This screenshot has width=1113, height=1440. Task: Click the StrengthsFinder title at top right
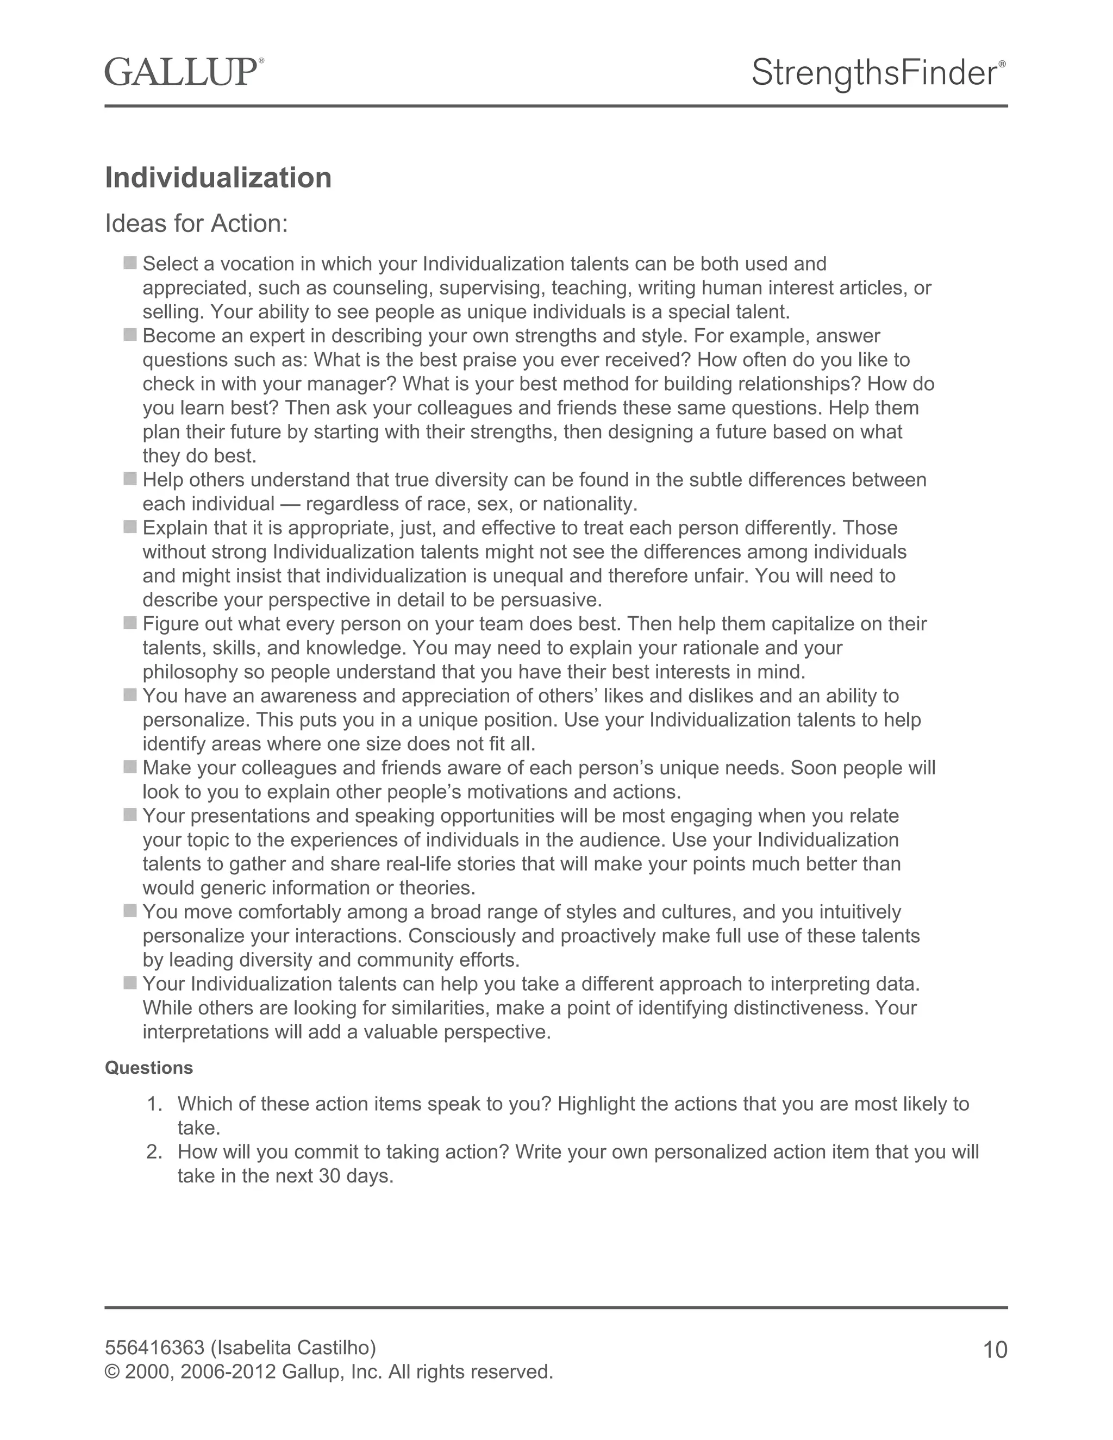click(x=874, y=72)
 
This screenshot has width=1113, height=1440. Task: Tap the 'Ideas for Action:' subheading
click(x=197, y=224)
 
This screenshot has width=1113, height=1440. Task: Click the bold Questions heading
click(x=149, y=1067)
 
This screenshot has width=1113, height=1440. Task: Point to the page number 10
click(x=995, y=1350)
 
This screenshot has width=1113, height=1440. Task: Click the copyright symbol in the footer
click(x=112, y=1372)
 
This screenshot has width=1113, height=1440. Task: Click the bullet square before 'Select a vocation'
click(x=130, y=263)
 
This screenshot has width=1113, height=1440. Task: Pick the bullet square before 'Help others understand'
click(x=130, y=479)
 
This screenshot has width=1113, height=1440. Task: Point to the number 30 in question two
click(x=330, y=1176)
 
